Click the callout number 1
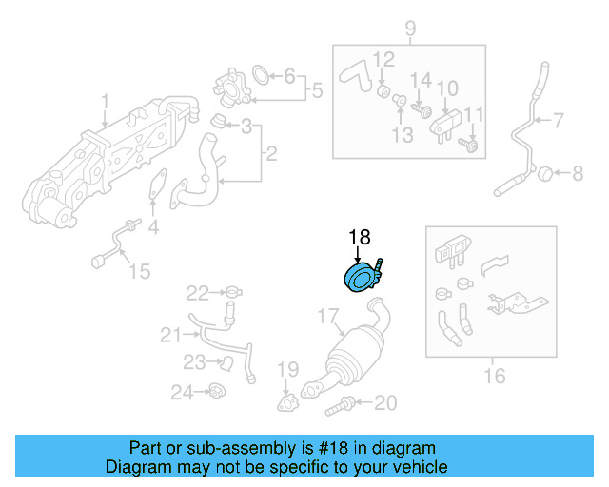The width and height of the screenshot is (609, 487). [105, 101]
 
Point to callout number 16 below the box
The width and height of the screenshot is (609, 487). [494, 377]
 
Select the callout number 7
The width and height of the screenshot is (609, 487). [558, 121]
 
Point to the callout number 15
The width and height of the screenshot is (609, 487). [139, 271]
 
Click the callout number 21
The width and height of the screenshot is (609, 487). [170, 334]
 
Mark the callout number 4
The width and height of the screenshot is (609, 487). [153, 228]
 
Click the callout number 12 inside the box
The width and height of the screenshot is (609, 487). [383, 60]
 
